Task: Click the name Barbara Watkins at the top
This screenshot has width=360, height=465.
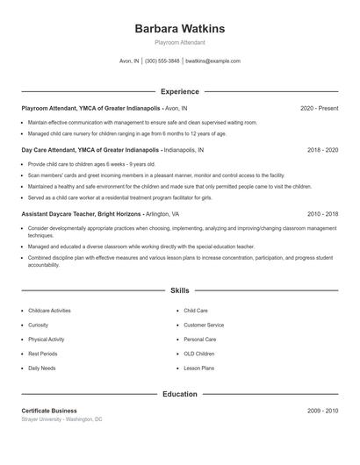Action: pos(179,29)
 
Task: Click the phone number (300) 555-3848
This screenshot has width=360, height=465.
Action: pos(162,61)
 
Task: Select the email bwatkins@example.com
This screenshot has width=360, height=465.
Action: pos(213,61)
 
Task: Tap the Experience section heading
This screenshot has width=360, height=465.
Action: pos(179,91)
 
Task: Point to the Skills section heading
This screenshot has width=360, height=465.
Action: pos(179,290)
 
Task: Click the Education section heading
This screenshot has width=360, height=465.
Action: pos(179,394)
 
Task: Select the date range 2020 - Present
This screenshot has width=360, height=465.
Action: pos(319,108)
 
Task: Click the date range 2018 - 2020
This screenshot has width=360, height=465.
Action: pos(322,150)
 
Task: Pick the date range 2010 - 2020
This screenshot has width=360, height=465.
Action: pos(322,213)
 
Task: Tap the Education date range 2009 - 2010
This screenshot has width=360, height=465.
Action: pos(322,411)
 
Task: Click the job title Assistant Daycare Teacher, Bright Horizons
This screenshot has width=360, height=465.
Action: pos(82,213)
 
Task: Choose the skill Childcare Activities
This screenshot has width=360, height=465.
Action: pos(49,311)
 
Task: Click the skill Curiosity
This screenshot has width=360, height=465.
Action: pos(38,325)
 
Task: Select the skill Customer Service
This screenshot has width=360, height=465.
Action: pos(203,325)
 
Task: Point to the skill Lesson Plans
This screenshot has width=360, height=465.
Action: pos(198,368)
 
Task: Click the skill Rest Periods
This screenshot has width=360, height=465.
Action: pos(42,354)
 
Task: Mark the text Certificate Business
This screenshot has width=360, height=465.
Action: pos(49,411)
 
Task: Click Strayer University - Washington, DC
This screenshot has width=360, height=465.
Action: pos(61,419)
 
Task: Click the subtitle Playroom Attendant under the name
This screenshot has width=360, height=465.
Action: pos(179,42)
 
